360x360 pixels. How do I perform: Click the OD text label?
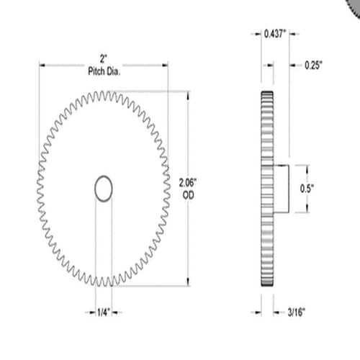coord(189,194)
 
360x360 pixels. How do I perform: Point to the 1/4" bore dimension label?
coord(104,312)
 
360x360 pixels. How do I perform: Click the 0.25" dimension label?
coord(312,65)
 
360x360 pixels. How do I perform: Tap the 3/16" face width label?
coord(294,312)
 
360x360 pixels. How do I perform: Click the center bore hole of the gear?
coord(104,188)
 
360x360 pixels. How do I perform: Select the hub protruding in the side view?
coord(282,189)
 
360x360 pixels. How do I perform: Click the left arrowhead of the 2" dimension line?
coord(42,64)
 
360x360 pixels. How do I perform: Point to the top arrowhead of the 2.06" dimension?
coord(189,94)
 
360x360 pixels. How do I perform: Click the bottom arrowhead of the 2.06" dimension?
coord(189,283)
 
